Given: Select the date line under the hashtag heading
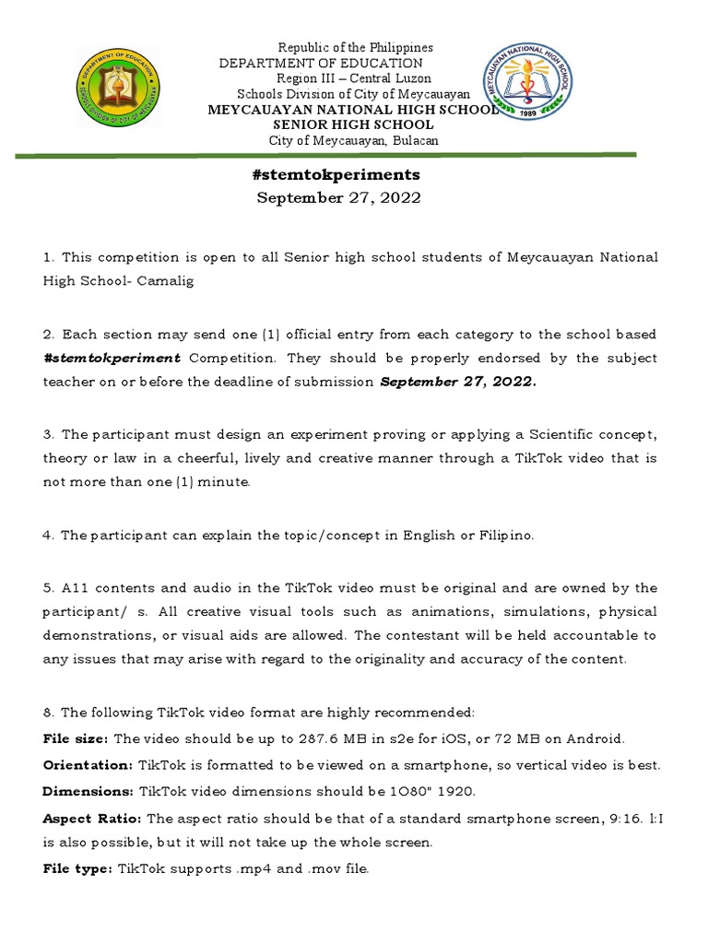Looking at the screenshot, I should (338, 198).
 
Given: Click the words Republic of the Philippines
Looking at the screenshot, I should (356, 47).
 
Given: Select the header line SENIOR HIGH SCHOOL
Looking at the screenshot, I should (353, 124).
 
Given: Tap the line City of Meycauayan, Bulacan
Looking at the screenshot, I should (353, 140).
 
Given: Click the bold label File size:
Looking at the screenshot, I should (76, 738).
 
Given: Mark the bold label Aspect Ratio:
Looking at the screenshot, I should (92, 818).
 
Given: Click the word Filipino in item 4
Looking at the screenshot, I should (500, 535).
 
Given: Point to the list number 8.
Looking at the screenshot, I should (48, 712).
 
